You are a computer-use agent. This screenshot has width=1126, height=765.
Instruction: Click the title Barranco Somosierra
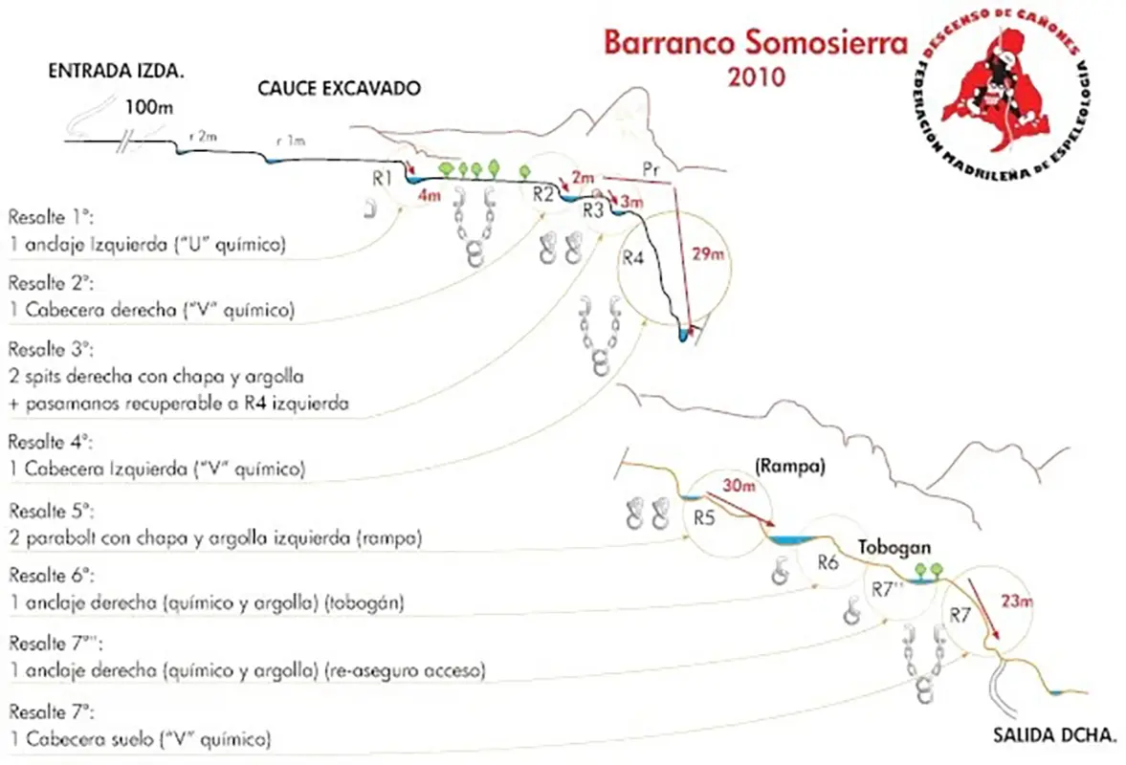[x=741, y=43]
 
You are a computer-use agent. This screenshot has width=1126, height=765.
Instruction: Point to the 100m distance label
[x=148, y=107]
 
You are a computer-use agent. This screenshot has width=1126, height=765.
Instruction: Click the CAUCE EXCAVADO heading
[x=339, y=88]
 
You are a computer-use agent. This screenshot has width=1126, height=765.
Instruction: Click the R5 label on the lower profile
[x=705, y=518]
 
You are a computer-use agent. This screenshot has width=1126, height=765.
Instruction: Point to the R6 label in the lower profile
[x=828, y=563]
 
